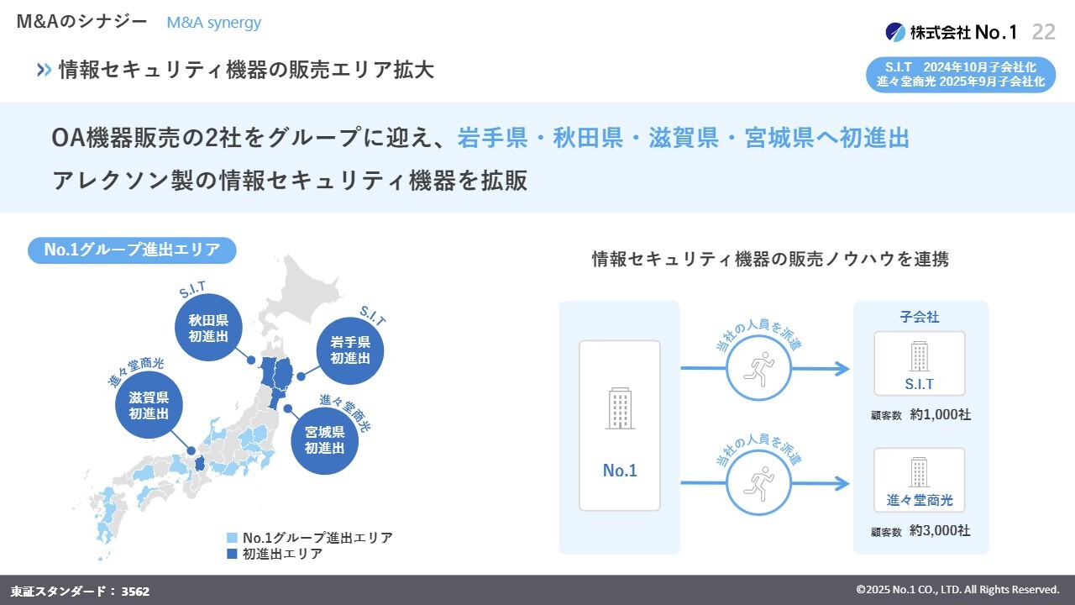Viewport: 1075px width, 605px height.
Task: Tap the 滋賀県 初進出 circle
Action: coord(149,405)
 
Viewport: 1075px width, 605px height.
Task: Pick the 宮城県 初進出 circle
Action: coord(325,440)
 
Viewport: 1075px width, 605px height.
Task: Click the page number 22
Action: coord(1043,32)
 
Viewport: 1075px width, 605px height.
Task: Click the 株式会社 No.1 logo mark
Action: coord(895,32)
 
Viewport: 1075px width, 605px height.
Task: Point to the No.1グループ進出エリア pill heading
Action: coord(132,250)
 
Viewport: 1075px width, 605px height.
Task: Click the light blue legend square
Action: coord(232,538)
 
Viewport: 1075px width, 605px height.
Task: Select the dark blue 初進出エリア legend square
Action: coord(232,555)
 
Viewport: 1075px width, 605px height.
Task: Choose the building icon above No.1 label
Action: coord(620,408)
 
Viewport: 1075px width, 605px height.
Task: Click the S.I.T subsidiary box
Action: coord(920,363)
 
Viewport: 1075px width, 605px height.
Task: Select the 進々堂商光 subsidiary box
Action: coord(920,480)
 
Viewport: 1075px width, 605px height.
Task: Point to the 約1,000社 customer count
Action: coord(940,414)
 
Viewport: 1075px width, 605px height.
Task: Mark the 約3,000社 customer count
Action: coord(940,531)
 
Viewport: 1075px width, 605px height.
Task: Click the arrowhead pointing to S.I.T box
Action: coord(840,368)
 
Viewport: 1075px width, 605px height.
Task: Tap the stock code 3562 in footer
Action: coord(135,592)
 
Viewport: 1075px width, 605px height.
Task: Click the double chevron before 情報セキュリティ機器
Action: coord(45,71)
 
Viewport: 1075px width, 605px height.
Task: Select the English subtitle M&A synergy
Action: coord(213,23)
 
